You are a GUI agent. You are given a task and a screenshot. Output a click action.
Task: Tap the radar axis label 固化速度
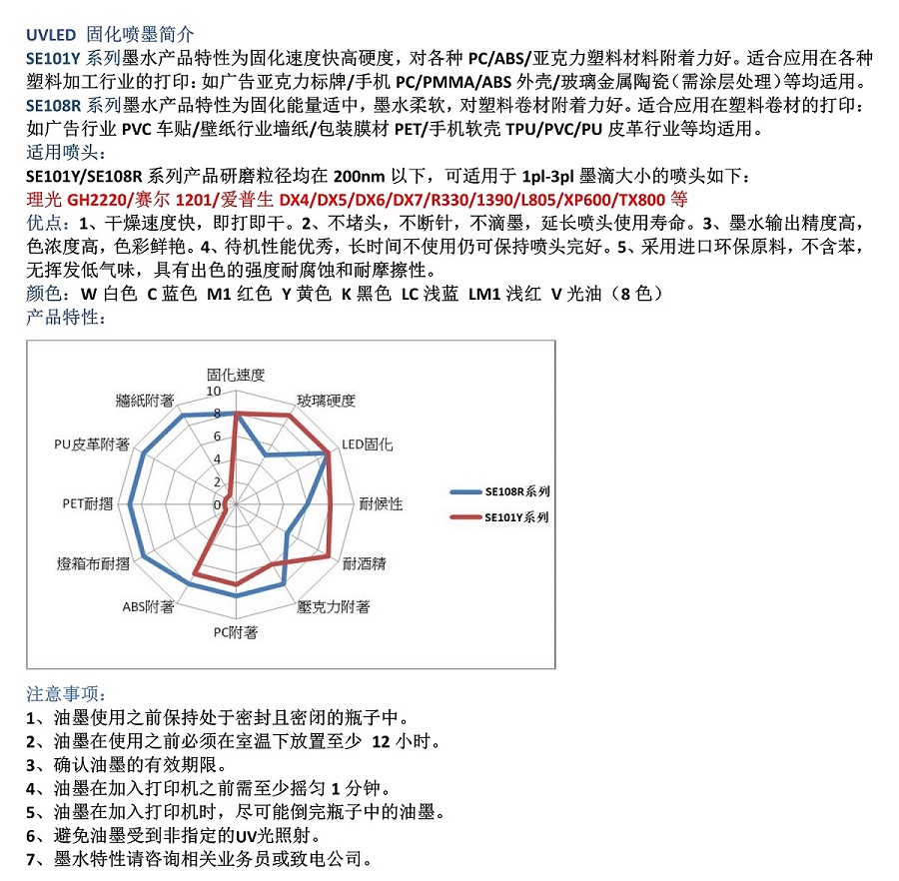click(236, 375)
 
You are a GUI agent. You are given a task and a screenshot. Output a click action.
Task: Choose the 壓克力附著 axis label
click(334, 606)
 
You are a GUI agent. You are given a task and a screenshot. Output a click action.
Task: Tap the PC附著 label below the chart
click(236, 631)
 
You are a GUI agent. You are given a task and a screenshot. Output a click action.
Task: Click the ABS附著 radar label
click(149, 606)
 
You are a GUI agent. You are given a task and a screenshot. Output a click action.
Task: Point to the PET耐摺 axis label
click(88, 503)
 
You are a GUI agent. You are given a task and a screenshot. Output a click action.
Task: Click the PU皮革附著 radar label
click(92, 443)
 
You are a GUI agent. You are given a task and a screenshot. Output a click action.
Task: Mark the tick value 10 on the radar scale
click(214, 391)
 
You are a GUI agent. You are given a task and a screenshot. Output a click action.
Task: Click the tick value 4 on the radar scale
click(217, 459)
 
